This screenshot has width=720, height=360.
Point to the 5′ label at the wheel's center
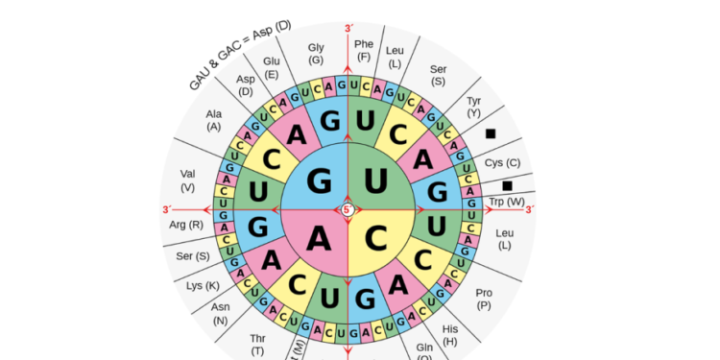point(348,209)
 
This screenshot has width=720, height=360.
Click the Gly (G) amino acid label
point(316,54)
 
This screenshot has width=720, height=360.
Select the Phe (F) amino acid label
point(364,50)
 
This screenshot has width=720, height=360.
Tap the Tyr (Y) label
point(473,107)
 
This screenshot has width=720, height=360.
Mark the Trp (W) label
point(507,202)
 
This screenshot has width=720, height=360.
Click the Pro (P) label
point(484,299)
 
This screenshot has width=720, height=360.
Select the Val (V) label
point(187,180)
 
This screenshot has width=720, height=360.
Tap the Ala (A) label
point(213,120)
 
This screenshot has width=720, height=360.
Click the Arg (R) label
point(185,225)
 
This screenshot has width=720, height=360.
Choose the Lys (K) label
point(203,285)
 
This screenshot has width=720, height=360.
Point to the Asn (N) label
point(221,314)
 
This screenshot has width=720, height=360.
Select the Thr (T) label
point(257,344)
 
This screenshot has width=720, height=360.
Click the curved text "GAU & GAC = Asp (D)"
point(240,55)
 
